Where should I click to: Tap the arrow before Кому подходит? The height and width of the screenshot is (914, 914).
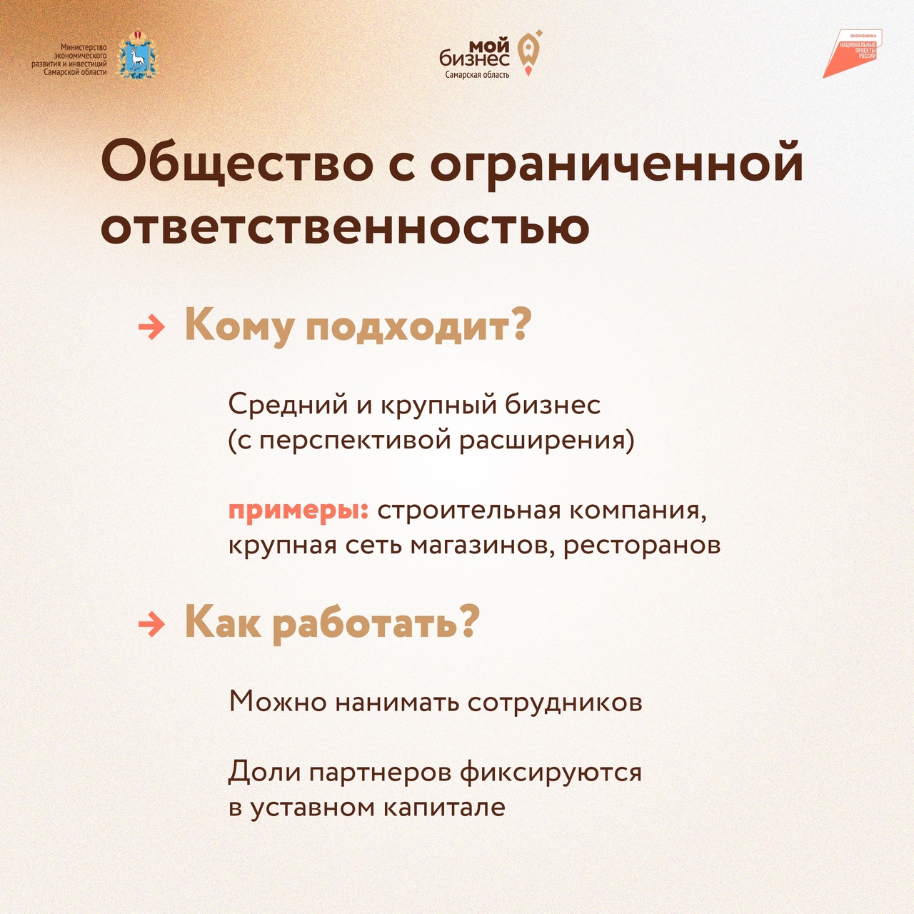(151, 328)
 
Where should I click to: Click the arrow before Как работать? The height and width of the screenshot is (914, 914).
(151, 624)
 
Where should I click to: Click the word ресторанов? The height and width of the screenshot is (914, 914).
(642, 546)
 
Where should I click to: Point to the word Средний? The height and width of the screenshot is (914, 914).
(288, 406)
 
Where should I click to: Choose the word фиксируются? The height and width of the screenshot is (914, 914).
(551, 773)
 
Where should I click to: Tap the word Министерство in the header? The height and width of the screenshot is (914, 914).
(84, 47)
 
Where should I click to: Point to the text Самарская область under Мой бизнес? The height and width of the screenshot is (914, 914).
(477, 74)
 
